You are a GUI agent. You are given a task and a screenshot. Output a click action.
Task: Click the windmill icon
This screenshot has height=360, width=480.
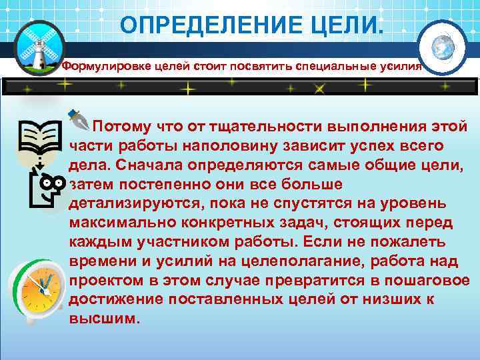point(37,45)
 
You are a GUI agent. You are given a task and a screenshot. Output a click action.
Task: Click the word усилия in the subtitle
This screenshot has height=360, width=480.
point(401,67)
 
